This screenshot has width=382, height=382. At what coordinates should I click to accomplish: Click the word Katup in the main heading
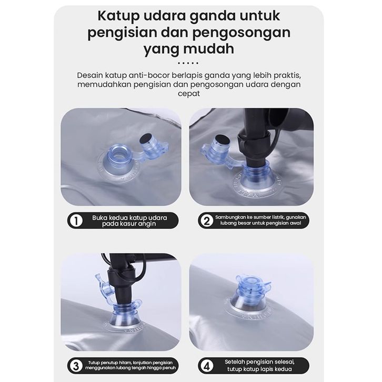coord(118,16)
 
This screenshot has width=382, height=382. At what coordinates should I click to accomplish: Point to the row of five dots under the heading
coord(188,63)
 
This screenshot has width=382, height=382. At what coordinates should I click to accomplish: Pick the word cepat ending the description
coord(188,94)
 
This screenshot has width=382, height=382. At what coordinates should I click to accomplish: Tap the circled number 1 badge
coord(76,220)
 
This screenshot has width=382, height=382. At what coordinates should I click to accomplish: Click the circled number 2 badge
coord(207,220)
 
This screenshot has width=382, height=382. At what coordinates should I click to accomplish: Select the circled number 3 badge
coord(76,366)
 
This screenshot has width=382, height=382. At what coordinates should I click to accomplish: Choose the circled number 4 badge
coord(207,366)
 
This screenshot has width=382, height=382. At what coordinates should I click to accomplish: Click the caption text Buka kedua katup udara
coord(129,217)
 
